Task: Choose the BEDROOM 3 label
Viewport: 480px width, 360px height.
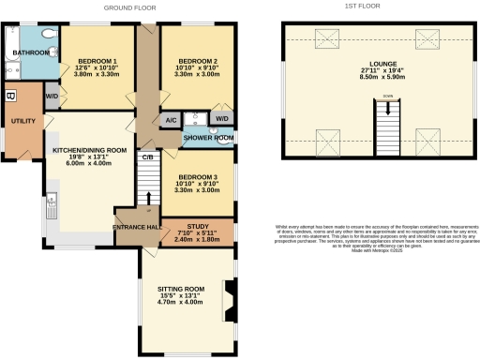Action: (x=198, y=177)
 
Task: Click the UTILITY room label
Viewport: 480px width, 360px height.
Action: (x=22, y=121)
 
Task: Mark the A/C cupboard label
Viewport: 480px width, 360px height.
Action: (x=171, y=120)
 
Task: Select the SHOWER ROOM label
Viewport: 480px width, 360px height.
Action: (x=208, y=138)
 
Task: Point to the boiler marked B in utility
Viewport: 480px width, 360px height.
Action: (x=10, y=96)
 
